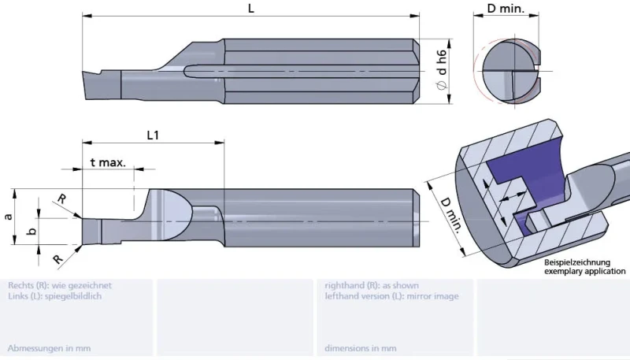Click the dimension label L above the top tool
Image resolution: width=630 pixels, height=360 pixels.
(x=251, y=8)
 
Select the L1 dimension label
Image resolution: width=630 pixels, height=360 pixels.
(x=153, y=135)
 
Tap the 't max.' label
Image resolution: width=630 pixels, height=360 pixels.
(x=108, y=162)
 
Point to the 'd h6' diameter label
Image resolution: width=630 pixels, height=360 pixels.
(x=442, y=63)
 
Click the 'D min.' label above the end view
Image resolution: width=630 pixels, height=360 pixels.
(x=506, y=8)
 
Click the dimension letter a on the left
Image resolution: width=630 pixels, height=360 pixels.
(x=8, y=217)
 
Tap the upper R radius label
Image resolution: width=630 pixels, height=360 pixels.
(x=62, y=199)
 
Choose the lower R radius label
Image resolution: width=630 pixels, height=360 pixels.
(x=58, y=258)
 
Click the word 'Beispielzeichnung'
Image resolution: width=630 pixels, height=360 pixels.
(x=577, y=263)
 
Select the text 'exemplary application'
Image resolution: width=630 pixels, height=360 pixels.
(x=584, y=271)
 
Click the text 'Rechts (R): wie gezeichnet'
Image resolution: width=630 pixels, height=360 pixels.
(x=60, y=286)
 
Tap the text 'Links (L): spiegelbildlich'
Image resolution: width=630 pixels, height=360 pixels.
(x=54, y=296)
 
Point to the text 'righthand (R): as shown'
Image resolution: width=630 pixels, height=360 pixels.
(x=372, y=286)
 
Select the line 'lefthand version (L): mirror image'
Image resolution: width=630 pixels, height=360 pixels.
(x=391, y=296)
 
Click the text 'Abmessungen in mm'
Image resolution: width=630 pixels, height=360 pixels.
(x=49, y=348)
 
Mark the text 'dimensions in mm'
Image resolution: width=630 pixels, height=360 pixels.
(x=361, y=348)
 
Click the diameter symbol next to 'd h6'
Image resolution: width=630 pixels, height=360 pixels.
(x=442, y=85)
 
